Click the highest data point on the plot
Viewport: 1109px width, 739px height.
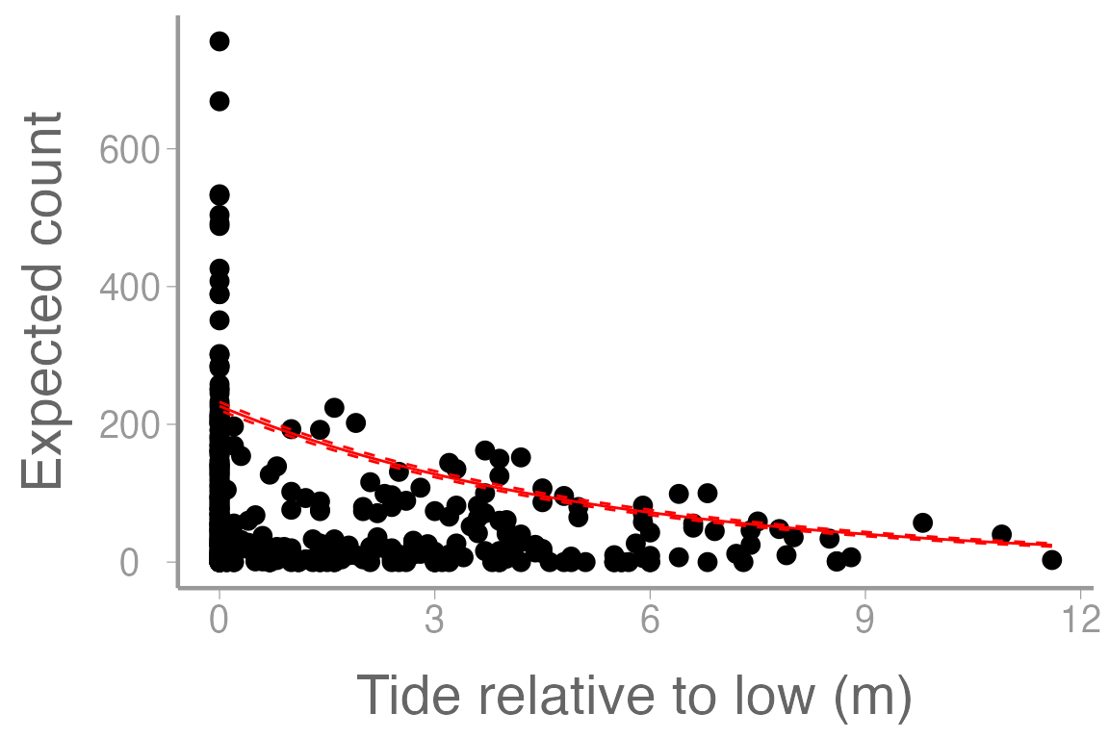(x=219, y=40)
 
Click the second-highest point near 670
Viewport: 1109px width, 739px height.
(x=219, y=101)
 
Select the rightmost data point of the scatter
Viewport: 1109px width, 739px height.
(x=1051, y=559)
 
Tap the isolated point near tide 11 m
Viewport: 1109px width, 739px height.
(x=1001, y=534)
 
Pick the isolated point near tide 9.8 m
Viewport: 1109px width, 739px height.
(x=922, y=522)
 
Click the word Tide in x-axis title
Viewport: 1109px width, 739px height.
(x=403, y=696)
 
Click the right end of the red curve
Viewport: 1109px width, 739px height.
(x=1050, y=545)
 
